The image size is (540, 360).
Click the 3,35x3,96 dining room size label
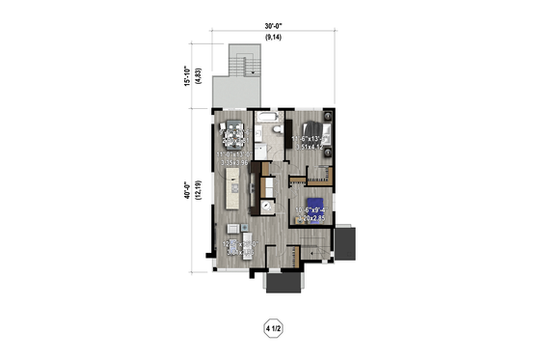(x=231, y=163)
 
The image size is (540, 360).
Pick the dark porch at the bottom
(x=283, y=284)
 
